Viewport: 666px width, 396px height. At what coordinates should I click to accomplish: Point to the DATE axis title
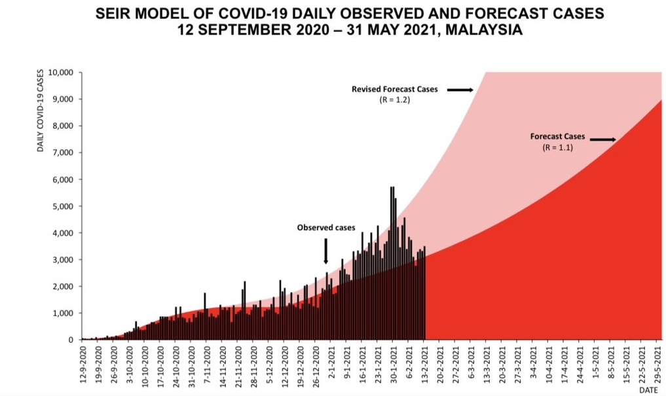(648, 390)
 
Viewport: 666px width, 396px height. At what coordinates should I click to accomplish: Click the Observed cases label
(326, 228)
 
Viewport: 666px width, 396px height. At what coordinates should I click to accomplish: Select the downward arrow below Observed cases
(326, 251)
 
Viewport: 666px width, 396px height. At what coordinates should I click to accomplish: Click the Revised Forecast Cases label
(395, 89)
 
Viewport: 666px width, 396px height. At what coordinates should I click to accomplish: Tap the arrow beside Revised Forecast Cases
(460, 89)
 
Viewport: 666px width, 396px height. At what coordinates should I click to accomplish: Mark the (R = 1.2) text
(395, 100)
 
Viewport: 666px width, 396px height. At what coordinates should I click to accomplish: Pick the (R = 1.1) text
(558, 148)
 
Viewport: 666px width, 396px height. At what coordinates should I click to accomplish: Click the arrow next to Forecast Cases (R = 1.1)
(603, 139)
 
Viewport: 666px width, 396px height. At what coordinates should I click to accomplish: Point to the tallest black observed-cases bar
(392, 262)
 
